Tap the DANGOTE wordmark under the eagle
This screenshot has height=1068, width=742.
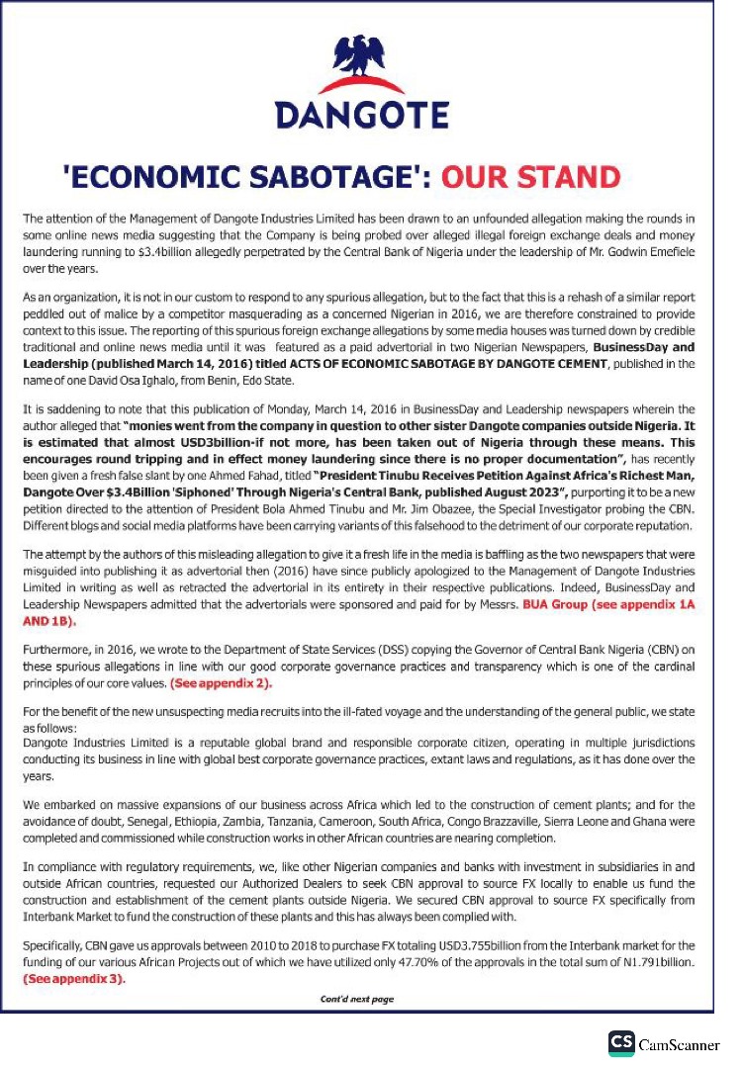pyautogui.click(x=361, y=117)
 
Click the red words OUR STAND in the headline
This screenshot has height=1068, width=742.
pyautogui.click(x=530, y=178)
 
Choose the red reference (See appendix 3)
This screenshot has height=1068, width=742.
pyautogui.click(x=74, y=978)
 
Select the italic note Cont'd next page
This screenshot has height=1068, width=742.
pyautogui.click(x=356, y=999)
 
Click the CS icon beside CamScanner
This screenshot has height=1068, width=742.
pyautogui.click(x=621, y=1044)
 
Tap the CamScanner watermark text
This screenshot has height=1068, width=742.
pyautogui.click(x=679, y=1045)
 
